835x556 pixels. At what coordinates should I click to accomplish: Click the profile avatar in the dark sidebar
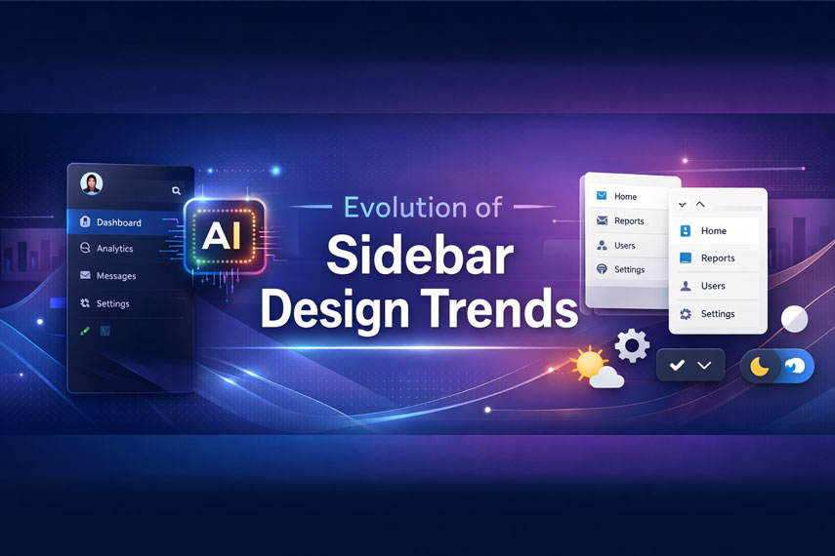(92, 183)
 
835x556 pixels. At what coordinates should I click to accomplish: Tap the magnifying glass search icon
(176, 190)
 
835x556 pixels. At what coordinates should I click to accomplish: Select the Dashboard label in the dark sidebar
(119, 222)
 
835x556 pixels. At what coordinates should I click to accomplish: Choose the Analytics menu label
(114, 249)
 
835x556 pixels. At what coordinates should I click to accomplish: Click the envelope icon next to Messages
(85, 275)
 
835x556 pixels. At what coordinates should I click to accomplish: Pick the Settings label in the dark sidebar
(113, 303)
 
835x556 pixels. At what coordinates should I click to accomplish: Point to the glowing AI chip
(225, 236)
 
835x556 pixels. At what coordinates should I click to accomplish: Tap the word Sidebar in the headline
(420, 256)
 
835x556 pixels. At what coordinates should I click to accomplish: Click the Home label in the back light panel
(625, 196)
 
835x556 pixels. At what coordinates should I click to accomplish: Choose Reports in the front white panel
(718, 258)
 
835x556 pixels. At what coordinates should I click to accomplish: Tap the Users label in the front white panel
(713, 286)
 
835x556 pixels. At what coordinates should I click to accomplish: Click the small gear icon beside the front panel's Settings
(686, 314)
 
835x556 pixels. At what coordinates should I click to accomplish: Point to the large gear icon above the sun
(632, 346)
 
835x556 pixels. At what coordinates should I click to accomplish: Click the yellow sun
(589, 365)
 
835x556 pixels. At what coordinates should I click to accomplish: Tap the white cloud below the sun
(607, 377)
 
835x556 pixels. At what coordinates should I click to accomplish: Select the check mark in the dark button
(677, 366)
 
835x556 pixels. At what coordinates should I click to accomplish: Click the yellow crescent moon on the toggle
(760, 367)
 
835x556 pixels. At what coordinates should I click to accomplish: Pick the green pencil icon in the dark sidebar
(85, 331)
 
